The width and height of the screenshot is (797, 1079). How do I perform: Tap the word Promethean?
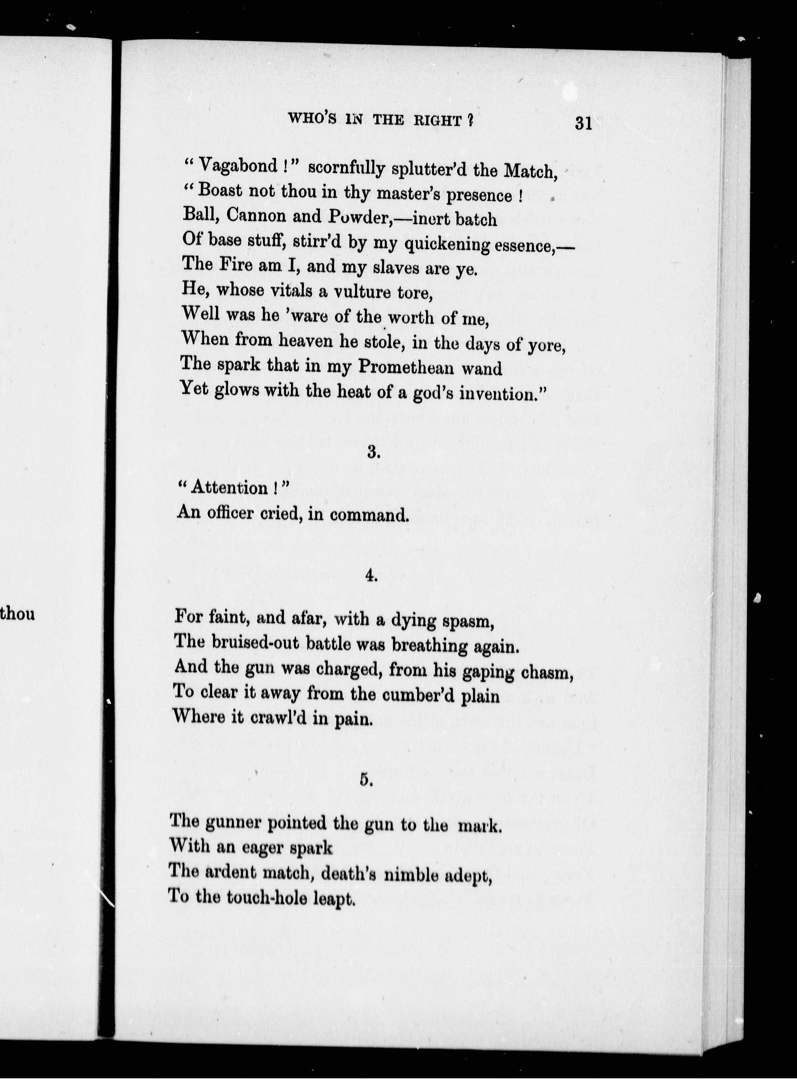coord(406,367)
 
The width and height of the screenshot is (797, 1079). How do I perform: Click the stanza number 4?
coord(371,576)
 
